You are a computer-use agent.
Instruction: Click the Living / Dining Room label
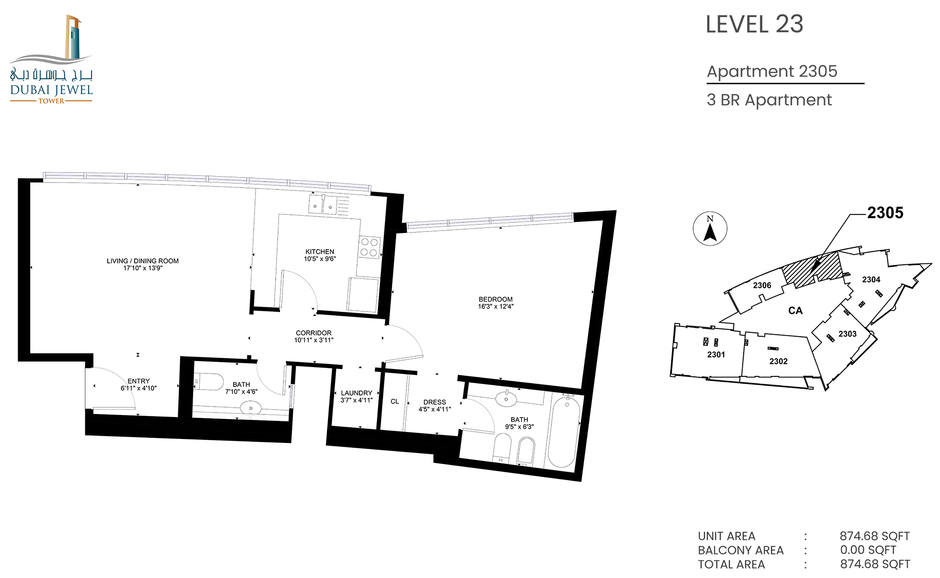tap(142, 261)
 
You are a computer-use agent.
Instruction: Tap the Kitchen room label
tap(320, 252)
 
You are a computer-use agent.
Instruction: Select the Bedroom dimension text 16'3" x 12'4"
tap(496, 306)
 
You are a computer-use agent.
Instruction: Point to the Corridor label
tap(314, 333)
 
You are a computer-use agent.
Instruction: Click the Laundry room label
tap(356, 393)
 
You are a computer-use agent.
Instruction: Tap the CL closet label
tap(395, 401)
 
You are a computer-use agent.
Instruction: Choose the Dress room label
tap(435, 402)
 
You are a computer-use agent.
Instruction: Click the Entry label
tap(139, 381)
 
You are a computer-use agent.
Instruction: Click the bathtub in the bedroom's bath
tap(564, 431)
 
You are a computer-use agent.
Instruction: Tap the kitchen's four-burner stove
tap(369, 247)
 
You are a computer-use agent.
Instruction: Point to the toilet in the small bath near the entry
tap(209, 382)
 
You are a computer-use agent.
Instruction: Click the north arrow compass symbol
tap(710, 229)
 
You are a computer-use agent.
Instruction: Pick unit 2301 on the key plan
tap(716, 354)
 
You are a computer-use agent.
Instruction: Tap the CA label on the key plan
tap(795, 311)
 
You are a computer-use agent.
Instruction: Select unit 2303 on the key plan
tap(847, 334)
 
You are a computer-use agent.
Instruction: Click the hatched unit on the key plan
tap(811, 269)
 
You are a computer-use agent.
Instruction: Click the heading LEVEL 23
tap(754, 24)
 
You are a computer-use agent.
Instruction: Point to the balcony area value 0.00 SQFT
tap(868, 550)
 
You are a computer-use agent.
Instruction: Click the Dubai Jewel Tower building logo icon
tap(73, 37)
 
